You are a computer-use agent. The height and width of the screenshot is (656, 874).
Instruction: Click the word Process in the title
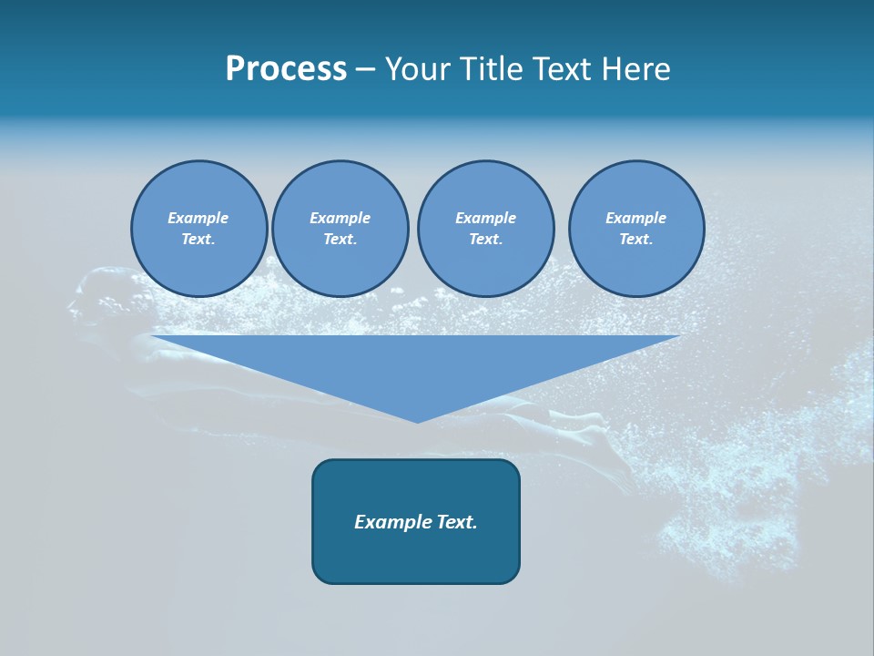point(286,69)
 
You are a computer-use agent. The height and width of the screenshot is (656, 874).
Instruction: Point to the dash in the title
point(366,70)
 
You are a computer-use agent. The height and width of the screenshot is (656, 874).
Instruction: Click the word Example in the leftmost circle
point(198,218)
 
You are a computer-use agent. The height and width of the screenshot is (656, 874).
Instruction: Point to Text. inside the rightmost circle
point(636,240)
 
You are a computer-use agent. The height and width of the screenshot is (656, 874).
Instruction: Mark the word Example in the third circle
point(485,218)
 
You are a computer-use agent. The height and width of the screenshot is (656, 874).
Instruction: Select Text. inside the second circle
point(340,240)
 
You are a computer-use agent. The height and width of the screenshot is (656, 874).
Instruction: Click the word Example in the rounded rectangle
point(388,522)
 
